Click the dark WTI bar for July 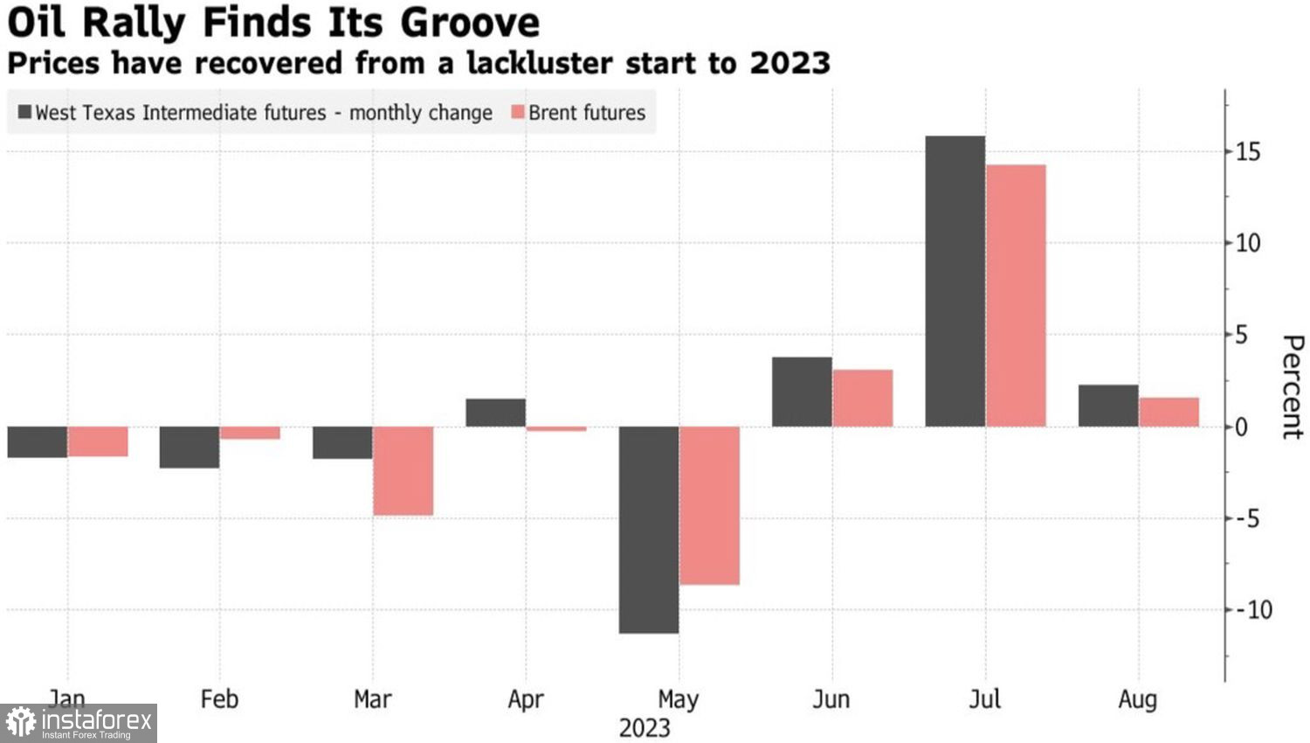coord(955,281)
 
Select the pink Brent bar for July coord(1016,295)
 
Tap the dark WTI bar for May coord(649,530)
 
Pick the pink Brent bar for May coord(709,505)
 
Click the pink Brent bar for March coord(403,471)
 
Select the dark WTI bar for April coord(495,413)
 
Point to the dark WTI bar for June coord(802,392)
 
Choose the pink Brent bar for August coord(1169,413)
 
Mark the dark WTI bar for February coord(190,448)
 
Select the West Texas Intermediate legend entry coord(254,113)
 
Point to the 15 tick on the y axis coord(1248,152)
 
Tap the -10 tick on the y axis coord(1253,610)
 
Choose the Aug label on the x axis coord(1137,699)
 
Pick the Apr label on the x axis coord(525,699)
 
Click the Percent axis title coord(1292,386)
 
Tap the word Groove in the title coord(470,23)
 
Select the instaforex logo coord(79,723)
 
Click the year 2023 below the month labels coord(645,728)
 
